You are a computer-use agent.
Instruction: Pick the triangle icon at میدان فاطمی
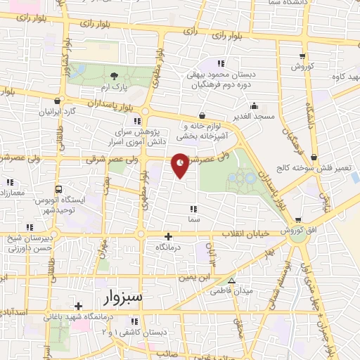231,280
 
